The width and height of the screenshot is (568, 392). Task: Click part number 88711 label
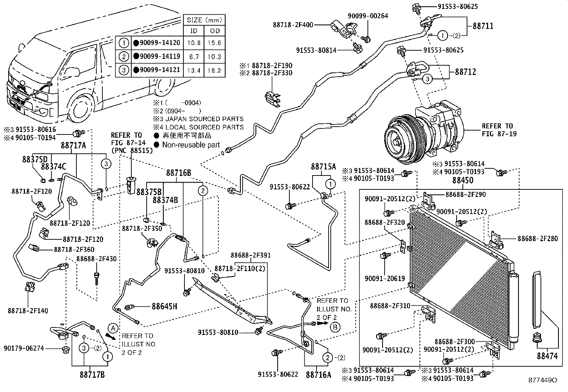click(483, 26)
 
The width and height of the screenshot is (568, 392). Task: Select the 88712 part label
click(465, 72)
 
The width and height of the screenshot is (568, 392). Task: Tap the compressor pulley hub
click(396, 142)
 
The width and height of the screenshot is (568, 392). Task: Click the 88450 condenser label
click(463, 180)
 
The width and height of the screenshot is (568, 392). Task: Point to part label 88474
click(547, 356)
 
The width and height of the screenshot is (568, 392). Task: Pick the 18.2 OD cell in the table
click(215, 70)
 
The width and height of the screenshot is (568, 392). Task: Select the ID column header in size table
click(194, 31)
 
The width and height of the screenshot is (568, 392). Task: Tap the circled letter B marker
click(335, 326)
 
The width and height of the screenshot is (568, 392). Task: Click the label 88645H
click(164, 306)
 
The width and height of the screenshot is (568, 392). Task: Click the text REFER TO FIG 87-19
click(498, 130)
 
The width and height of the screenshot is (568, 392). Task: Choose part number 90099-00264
click(368, 16)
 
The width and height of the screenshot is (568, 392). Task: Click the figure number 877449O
click(543, 380)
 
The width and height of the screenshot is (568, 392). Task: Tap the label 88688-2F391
click(250, 255)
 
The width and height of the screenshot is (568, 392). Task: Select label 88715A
click(323, 166)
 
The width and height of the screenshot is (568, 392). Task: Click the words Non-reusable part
click(191, 145)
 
